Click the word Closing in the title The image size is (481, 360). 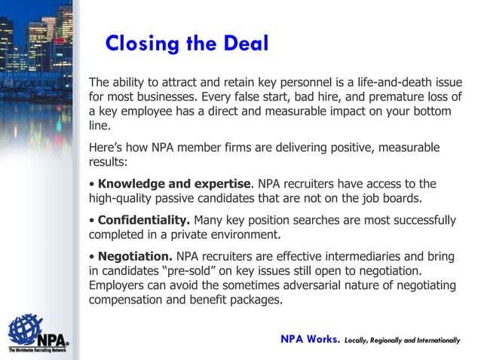(x=139, y=44)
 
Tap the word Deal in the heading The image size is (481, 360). (x=241, y=44)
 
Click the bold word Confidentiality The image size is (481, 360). (x=144, y=220)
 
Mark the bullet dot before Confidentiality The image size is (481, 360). (x=92, y=221)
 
